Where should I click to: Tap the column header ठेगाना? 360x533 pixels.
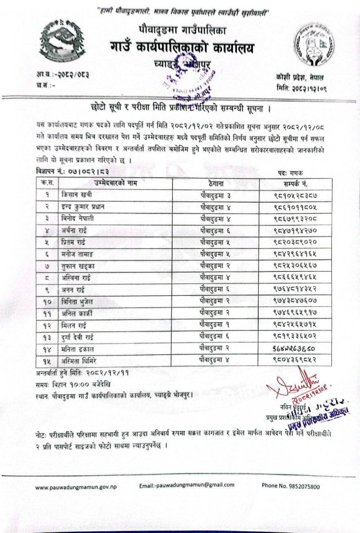tap(211, 183)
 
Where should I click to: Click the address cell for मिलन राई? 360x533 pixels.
tap(211, 326)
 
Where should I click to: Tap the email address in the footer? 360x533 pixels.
tap(187, 486)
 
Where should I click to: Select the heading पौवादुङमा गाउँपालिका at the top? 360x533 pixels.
tap(182, 29)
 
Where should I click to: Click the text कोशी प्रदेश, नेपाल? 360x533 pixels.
tap(302, 77)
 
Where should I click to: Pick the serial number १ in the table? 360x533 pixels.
tap(46, 193)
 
